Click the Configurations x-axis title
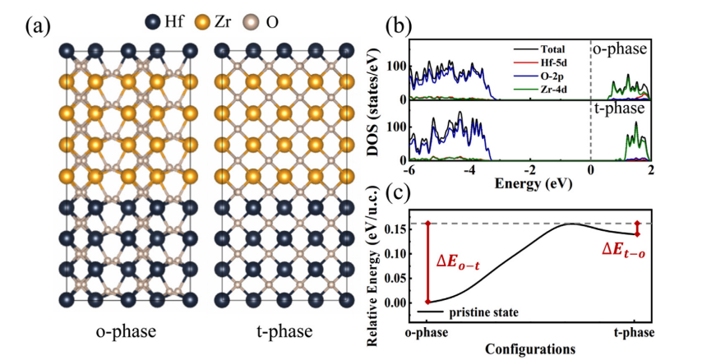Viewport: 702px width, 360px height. (530, 348)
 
